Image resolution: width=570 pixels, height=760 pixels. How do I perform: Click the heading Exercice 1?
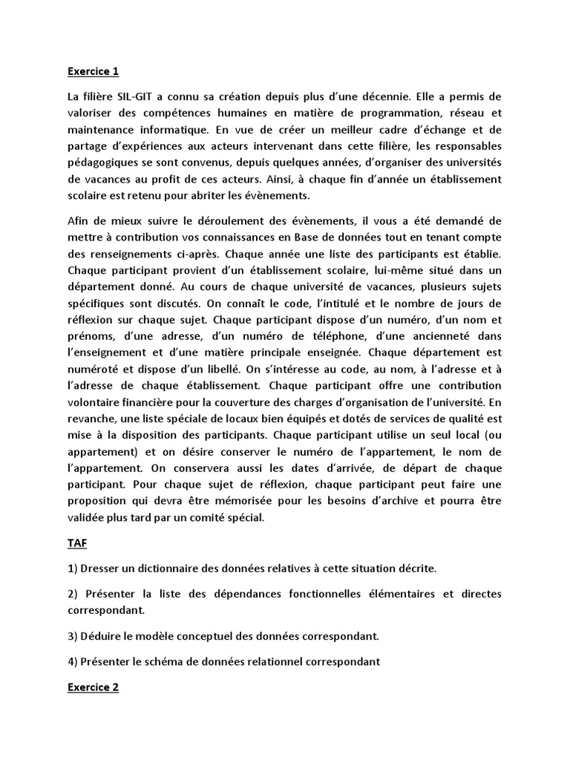pos(93,72)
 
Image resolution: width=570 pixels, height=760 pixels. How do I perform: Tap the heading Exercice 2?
pos(93,687)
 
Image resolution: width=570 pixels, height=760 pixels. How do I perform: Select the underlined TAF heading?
pos(77,543)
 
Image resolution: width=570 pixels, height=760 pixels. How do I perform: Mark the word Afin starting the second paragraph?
pos(79,220)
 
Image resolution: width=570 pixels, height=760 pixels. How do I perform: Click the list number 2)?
pos(73,594)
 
